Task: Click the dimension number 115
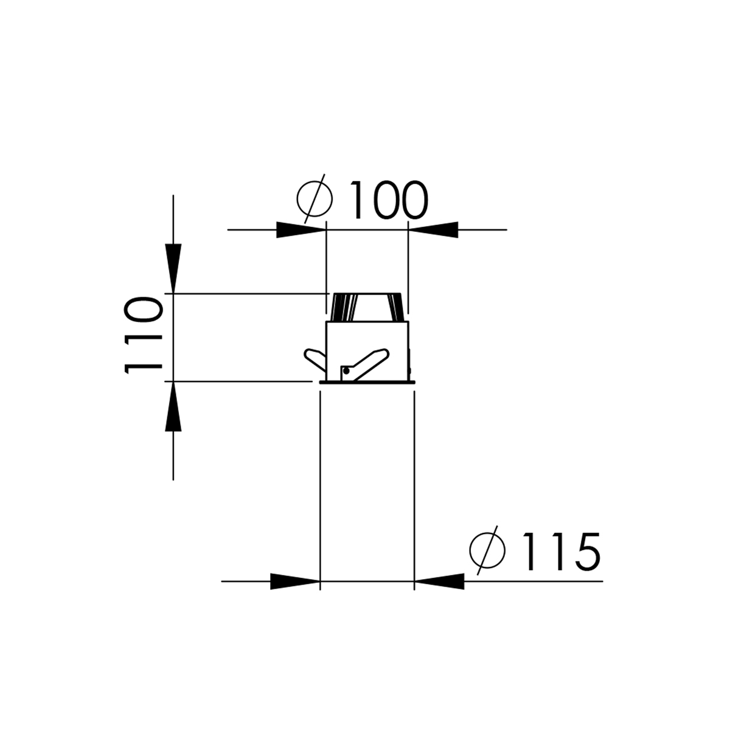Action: click(x=560, y=551)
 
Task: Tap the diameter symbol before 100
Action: click(x=315, y=197)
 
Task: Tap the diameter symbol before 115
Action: click(x=488, y=549)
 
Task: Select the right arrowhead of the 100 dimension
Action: click(x=433, y=230)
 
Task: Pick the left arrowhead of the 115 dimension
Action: click(x=294, y=582)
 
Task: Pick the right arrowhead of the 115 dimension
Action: click(x=439, y=582)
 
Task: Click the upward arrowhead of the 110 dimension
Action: click(x=173, y=408)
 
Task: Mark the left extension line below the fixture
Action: click(x=320, y=487)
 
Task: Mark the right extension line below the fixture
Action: click(x=414, y=487)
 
